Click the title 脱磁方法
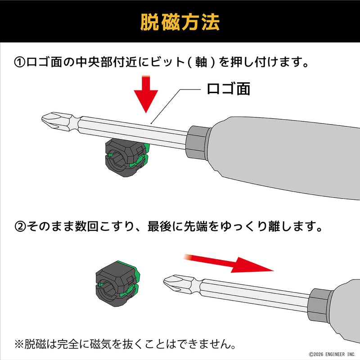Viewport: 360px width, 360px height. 180,21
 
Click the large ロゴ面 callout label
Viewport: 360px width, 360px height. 228,88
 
